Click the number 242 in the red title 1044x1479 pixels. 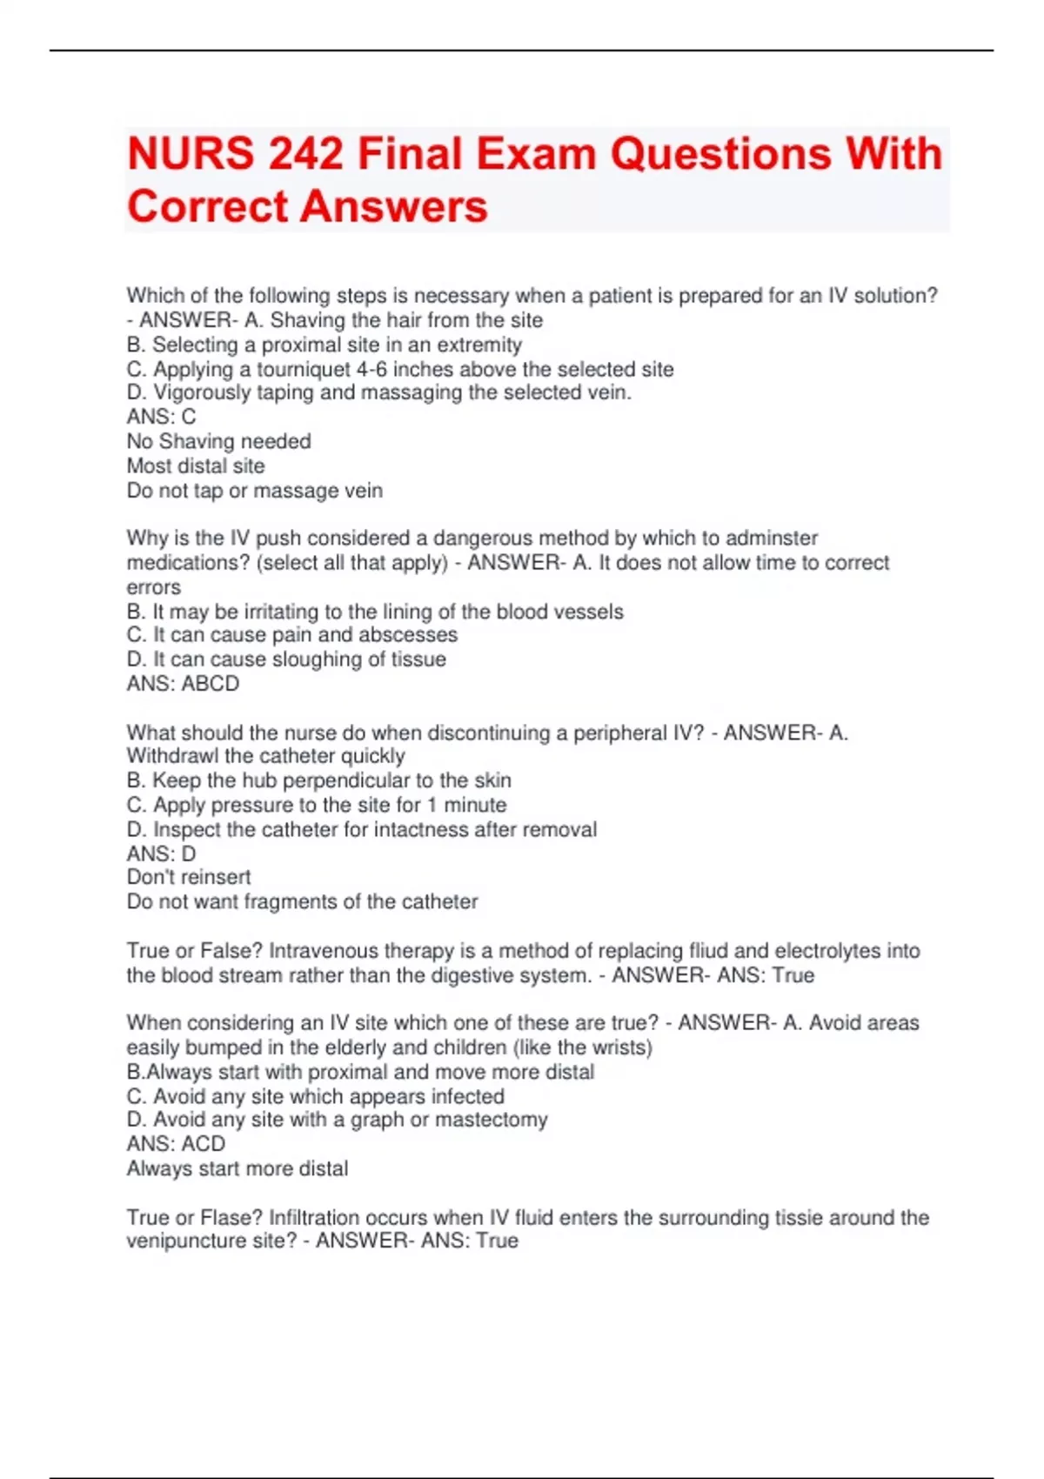coord(306,154)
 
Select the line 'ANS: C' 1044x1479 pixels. coord(161,417)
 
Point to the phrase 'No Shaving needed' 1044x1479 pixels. coord(218,441)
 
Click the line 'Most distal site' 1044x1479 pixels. coord(196,465)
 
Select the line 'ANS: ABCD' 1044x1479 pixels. coord(183,684)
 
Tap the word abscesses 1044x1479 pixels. coord(408,635)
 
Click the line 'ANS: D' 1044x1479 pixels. coord(161,853)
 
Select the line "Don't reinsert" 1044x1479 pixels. coord(189,877)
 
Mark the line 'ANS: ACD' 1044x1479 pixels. coord(176,1144)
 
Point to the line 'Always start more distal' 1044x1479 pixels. coord(238,1168)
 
